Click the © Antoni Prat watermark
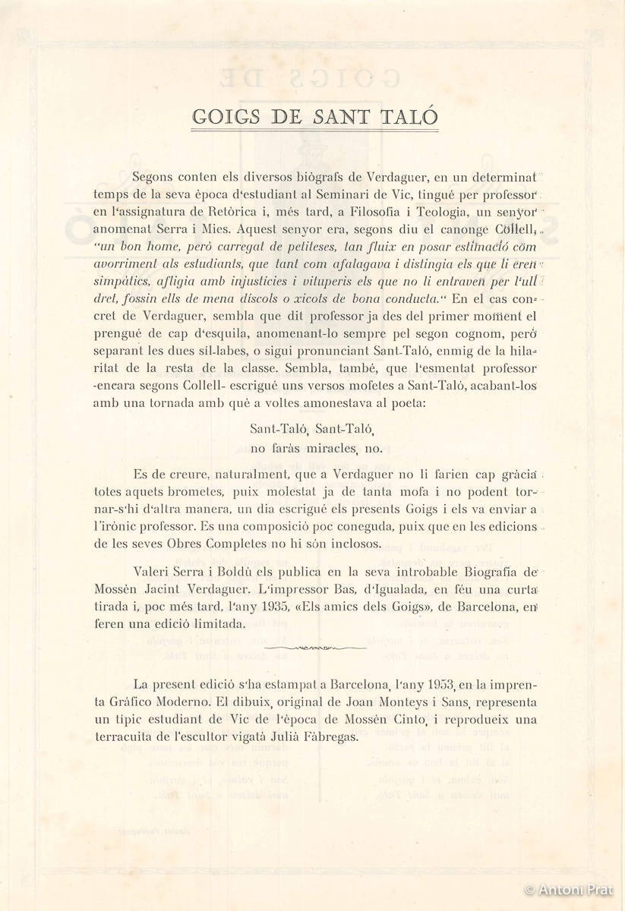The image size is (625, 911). [569, 889]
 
